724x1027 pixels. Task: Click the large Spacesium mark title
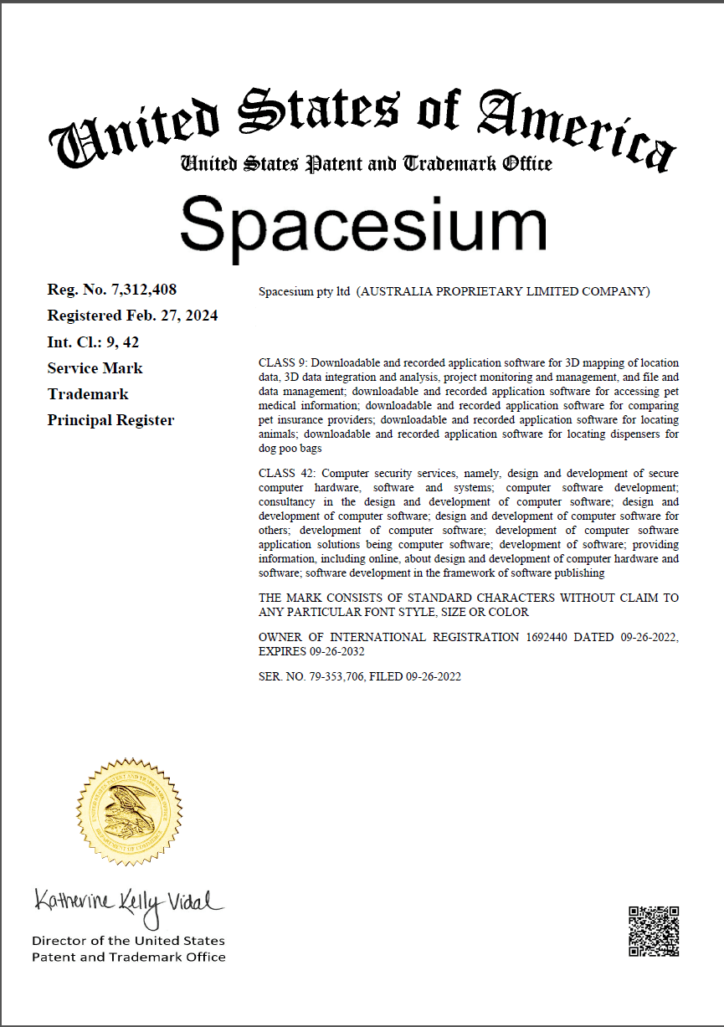[x=363, y=223]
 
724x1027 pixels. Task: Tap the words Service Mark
[x=95, y=367]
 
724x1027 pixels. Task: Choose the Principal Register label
[x=110, y=419]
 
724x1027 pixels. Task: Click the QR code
[x=653, y=931]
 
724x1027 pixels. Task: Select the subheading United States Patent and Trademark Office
[x=367, y=163]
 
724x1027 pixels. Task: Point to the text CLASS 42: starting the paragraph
[x=285, y=474]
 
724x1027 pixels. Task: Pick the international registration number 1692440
[x=547, y=637]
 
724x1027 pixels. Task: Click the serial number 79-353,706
[x=335, y=676]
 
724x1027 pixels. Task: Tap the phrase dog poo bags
[x=290, y=449]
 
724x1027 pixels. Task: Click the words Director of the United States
[x=128, y=941]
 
